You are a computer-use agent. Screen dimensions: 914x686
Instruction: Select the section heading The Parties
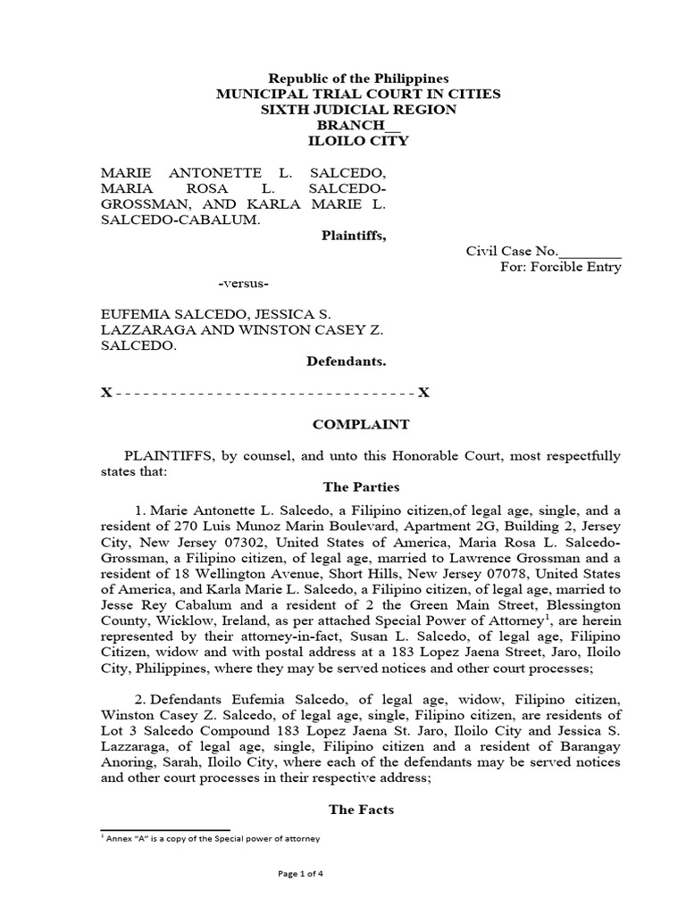pyautogui.click(x=366, y=487)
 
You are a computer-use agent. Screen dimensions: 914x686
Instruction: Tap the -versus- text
pyautogui.click(x=244, y=283)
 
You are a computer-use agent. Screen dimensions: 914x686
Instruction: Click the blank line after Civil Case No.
pyautogui.click(x=590, y=252)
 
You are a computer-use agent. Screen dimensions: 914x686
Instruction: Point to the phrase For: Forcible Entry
pyautogui.click(x=560, y=267)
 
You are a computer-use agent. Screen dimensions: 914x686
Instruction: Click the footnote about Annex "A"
pyautogui.click(x=210, y=839)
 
